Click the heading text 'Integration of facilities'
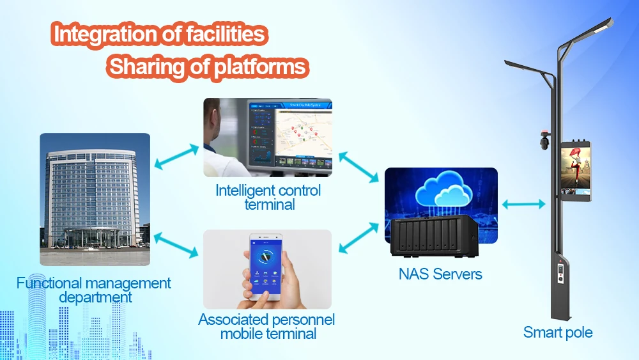[160, 35]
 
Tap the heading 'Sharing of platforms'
[208, 67]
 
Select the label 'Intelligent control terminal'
[268, 197]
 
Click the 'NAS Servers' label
[440, 274]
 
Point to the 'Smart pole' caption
[558, 333]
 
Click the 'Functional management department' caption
[94, 290]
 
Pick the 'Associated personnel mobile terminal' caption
[267, 326]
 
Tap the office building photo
[95, 199]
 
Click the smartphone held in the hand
[266, 268]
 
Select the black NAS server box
[435, 237]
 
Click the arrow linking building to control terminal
[177, 157]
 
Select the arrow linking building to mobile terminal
[176, 246]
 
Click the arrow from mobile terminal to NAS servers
[357, 237]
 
